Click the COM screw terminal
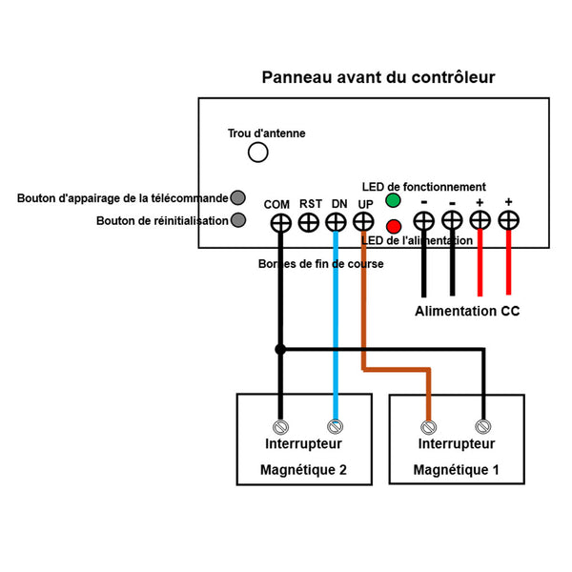point(281,222)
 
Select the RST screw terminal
point(309,222)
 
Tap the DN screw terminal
point(336,222)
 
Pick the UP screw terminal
point(363,221)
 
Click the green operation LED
point(393,200)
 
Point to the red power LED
point(394,227)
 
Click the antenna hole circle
point(258,153)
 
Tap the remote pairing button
point(237,197)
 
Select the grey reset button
point(238,220)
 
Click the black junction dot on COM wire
point(280,350)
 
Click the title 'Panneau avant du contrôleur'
point(378,77)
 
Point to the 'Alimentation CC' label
point(467,311)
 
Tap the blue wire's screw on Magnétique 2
point(335,426)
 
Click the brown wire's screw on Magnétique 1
point(429,427)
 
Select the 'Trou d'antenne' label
point(266,133)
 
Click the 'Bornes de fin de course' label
point(320,264)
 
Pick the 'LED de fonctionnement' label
point(423,187)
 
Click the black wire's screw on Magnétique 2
point(280,427)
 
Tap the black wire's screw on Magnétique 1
point(483,426)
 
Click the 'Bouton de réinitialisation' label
point(162,221)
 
